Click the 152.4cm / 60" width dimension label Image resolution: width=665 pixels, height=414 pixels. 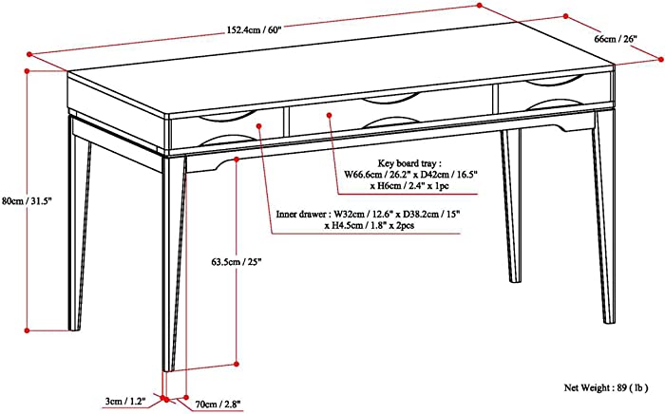click(254, 30)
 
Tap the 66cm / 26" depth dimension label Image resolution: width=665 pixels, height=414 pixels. click(616, 39)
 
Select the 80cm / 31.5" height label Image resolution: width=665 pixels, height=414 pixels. click(28, 201)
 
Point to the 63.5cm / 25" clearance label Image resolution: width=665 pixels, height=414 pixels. click(237, 262)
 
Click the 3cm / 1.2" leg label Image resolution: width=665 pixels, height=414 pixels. click(125, 401)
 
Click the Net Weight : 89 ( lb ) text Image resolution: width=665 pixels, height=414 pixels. click(606, 387)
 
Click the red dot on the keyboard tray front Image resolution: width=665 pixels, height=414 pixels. click(329, 115)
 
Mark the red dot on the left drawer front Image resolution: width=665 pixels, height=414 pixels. click(258, 126)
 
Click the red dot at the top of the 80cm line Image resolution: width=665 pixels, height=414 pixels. click(28, 71)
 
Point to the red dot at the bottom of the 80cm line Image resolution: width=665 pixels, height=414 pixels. click(27, 330)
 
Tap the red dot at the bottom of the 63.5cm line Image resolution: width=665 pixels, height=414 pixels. click(237, 364)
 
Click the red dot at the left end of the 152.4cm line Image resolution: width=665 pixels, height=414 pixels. click(29, 54)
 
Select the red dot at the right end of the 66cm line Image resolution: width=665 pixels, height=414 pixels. click(661, 60)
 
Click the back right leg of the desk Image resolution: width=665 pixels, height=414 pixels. click(511, 206)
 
